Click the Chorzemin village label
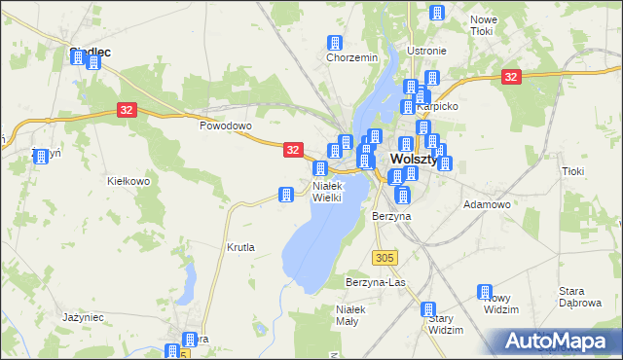point(351,57)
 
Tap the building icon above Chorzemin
point(336,43)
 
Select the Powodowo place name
point(226,126)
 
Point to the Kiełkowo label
point(128,181)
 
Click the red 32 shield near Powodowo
point(128,111)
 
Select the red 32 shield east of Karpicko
point(510,76)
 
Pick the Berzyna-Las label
point(375,282)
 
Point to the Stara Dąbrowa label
point(578,297)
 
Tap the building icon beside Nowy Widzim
point(485,292)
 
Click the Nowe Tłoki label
point(483,25)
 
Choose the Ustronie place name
point(426,51)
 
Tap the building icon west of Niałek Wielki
point(286,195)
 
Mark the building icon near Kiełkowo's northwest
point(41,156)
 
